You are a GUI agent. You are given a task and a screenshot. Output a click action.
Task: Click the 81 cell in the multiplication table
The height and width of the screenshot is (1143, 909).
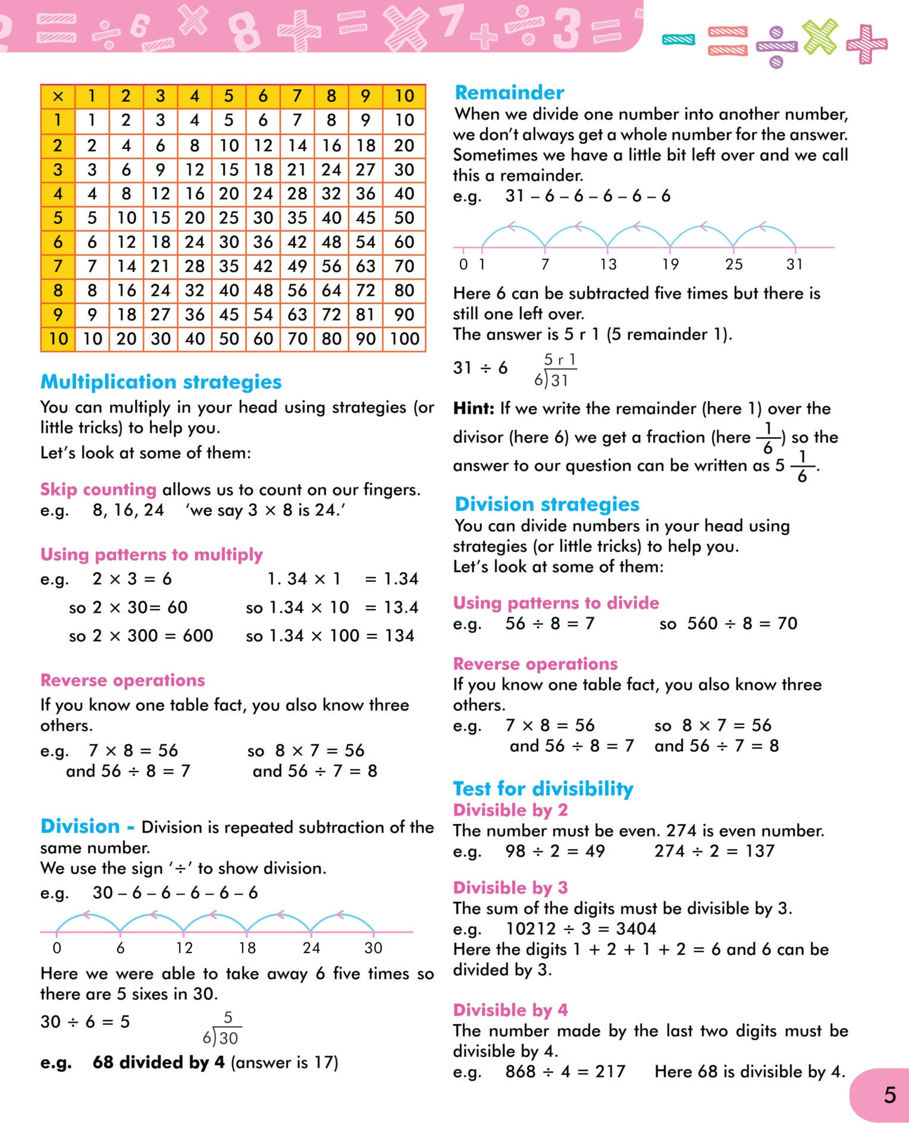[365, 314]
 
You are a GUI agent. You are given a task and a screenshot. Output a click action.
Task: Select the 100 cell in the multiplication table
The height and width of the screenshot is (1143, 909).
[405, 339]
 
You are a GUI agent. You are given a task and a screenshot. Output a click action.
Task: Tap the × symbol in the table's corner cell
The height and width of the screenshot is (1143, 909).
[58, 96]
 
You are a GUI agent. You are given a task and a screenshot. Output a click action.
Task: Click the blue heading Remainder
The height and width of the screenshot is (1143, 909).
[509, 92]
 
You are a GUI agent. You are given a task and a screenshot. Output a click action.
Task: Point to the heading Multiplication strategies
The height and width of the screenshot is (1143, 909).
[161, 382]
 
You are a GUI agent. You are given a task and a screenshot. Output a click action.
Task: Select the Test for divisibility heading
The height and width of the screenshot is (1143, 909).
[543, 789]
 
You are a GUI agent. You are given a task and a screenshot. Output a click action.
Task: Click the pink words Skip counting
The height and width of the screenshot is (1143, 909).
[98, 489]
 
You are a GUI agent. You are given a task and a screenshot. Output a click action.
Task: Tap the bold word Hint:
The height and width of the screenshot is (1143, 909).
[474, 408]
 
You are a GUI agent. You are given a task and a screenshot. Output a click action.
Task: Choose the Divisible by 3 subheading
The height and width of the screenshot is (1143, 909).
[510, 888]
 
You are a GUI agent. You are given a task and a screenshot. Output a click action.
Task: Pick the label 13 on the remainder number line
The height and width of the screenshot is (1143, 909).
[608, 264]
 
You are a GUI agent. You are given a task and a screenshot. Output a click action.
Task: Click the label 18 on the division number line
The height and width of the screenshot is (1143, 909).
[247, 948]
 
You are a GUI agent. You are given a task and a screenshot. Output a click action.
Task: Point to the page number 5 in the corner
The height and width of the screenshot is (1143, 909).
[889, 1095]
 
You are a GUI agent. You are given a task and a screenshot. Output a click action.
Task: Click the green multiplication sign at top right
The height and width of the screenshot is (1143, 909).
[820, 36]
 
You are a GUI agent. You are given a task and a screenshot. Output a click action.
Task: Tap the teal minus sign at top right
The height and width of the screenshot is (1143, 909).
[679, 39]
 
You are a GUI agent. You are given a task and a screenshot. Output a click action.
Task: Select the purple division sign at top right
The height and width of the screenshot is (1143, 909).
[776, 46]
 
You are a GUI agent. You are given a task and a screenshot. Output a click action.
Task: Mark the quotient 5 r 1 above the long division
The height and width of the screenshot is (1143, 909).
[560, 360]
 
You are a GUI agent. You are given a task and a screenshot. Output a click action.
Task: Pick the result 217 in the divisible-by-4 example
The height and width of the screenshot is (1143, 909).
[610, 1072]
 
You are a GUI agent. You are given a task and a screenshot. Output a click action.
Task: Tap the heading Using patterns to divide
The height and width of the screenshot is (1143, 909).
[556, 603]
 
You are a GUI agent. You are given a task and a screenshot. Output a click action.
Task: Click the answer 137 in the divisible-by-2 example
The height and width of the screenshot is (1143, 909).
[760, 851]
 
